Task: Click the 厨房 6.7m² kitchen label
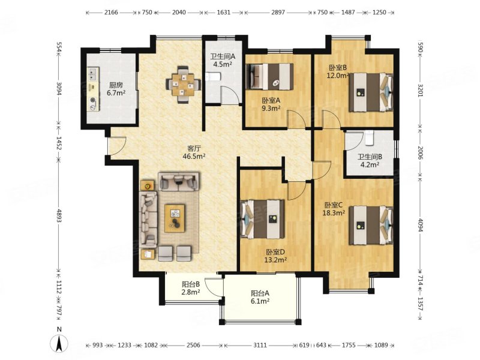coord(116,89)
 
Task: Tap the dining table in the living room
coord(183,85)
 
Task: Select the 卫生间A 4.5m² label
coord(223,61)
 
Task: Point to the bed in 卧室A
coord(269,77)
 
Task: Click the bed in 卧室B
coord(371,92)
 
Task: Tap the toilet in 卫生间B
coord(369,137)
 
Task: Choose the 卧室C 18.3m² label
coord(334,209)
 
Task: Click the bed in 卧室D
coord(262,219)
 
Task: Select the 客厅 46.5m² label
coord(194,152)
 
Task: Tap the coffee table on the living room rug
coord(175,218)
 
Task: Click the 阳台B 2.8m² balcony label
coord(191,288)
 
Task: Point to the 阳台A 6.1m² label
coord(260,297)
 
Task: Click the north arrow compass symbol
coord(59,340)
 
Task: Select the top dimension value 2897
coord(278,13)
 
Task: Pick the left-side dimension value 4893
coord(59,215)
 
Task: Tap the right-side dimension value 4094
coord(421,224)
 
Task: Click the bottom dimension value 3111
coord(260,346)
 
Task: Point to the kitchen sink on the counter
coord(92,73)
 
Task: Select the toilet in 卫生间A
coord(212,77)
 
